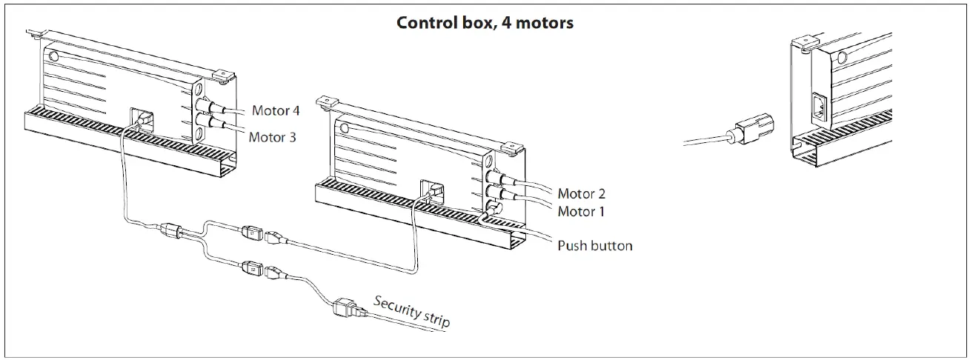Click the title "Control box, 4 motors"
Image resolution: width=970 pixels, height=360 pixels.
point(485,22)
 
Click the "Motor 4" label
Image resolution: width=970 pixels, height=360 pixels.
point(276,111)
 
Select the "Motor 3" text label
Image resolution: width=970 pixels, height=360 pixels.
point(272,137)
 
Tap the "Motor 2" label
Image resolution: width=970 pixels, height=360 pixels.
point(581,194)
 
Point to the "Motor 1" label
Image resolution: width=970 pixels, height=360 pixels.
point(581,212)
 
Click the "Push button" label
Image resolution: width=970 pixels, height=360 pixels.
point(594,245)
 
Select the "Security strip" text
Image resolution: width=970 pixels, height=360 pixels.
point(411,311)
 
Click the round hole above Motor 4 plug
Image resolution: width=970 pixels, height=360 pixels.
point(200,90)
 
